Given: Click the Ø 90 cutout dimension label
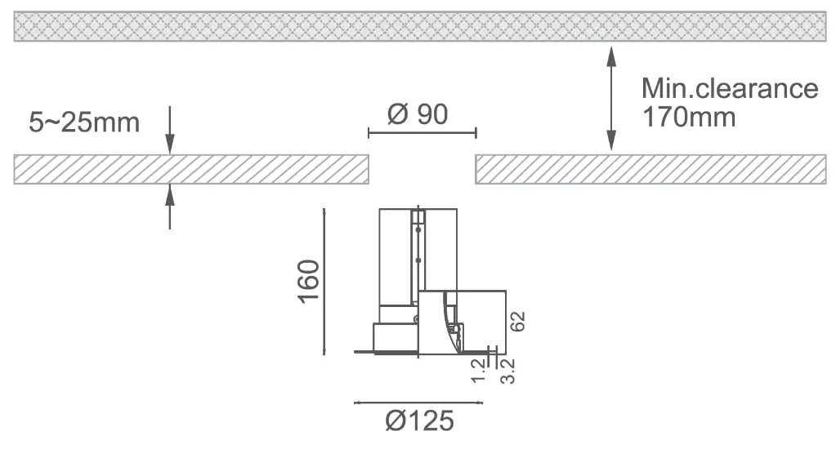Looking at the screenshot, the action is (418, 114).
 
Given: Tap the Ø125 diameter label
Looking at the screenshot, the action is (419, 421).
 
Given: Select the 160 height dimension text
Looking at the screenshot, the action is (309, 282).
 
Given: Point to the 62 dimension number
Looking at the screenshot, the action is (517, 322).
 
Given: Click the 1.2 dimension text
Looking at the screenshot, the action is (479, 371).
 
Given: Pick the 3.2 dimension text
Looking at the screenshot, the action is (507, 371).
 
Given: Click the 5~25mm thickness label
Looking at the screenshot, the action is (84, 122).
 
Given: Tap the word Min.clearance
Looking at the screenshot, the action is (730, 88).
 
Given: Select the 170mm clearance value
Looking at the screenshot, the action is (689, 117).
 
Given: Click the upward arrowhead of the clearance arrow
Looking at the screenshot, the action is (611, 56).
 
